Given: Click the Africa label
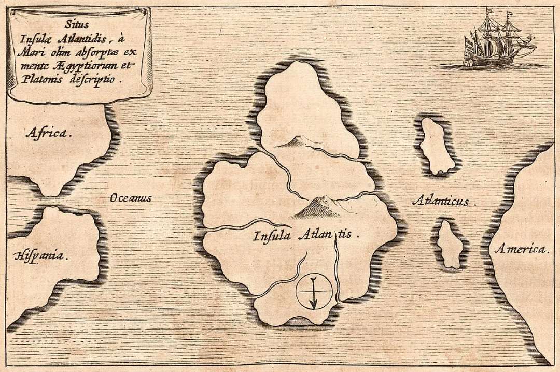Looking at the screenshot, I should coord(47,134).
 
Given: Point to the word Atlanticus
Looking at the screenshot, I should coord(443,201).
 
